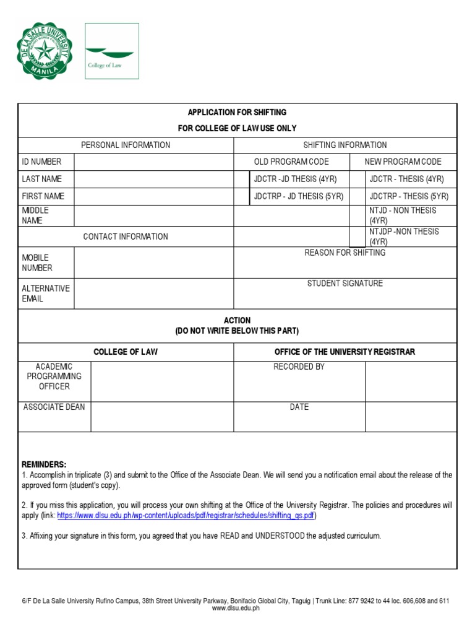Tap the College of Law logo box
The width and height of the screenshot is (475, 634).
tap(111, 51)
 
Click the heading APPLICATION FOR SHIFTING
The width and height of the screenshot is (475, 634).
tap(237, 112)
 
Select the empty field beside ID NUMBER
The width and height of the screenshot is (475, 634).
tap(153, 162)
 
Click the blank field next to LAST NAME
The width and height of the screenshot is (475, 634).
tap(153, 180)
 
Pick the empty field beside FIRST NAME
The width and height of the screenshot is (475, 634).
tap(153, 197)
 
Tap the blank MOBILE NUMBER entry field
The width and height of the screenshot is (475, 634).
tap(153, 263)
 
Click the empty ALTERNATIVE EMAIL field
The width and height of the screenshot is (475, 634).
tap(153, 293)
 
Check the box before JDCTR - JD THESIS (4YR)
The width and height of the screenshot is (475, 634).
tap(241, 180)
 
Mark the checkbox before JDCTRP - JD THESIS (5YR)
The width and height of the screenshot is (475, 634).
tap(241, 197)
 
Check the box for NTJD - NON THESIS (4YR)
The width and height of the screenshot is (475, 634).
tap(357, 215)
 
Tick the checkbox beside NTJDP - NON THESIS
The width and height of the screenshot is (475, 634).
tap(357, 237)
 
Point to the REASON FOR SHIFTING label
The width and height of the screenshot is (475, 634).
tap(344, 253)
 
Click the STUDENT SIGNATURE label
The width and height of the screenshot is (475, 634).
tap(345, 284)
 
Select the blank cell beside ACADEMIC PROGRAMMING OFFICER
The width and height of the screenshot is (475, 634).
tap(162, 381)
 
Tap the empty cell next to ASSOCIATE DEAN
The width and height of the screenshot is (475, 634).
tap(162, 417)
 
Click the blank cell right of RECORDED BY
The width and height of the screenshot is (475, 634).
tap(411, 381)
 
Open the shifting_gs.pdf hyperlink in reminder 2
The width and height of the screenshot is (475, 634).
tap(186, 516)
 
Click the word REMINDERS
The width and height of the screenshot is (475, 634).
tap(44, 464)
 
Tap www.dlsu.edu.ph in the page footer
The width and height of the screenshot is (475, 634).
tap(236, 609)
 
